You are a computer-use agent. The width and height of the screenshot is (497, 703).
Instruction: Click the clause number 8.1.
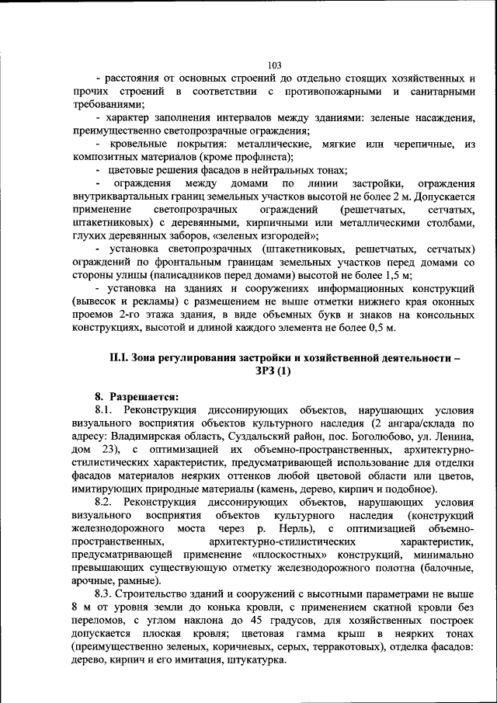point(104,409)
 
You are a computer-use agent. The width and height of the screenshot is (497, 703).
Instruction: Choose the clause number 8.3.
point(104,594)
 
